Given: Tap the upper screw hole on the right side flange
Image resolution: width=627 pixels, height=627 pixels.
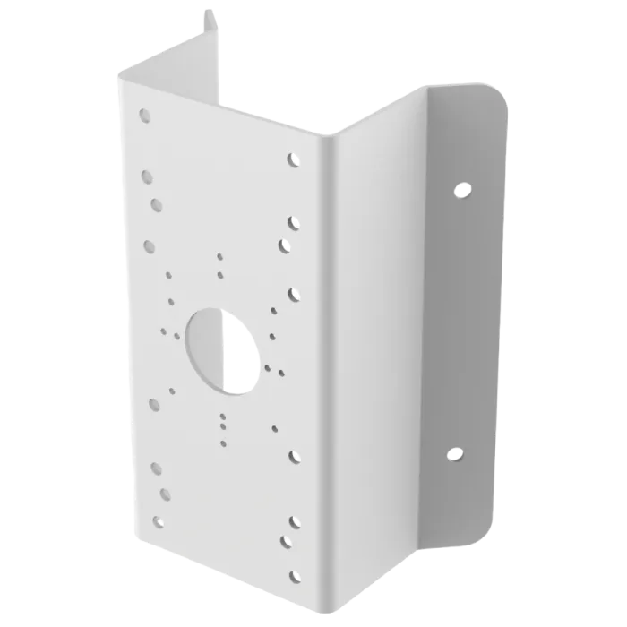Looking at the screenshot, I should click(x=462, y=190).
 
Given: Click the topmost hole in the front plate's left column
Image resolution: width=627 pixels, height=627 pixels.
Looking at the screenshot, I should click(x=144, y=115).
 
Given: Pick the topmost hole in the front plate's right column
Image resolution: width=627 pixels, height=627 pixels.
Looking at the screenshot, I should click(x=293, y=160).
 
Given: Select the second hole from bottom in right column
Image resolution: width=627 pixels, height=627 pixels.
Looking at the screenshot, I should click(x=288, y=540).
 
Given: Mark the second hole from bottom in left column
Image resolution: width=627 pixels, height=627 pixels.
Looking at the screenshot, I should click(x=165, y=493).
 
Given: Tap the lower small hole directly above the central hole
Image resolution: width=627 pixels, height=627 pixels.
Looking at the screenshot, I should click(x=220, y=274).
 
